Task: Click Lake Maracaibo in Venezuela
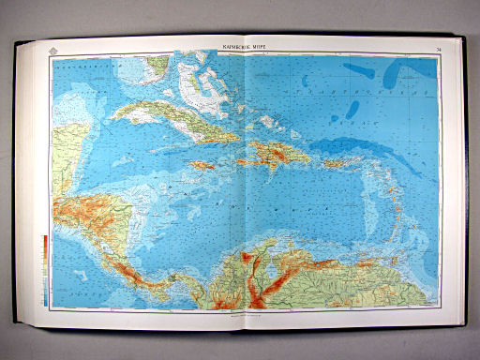[x=255, y=266]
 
